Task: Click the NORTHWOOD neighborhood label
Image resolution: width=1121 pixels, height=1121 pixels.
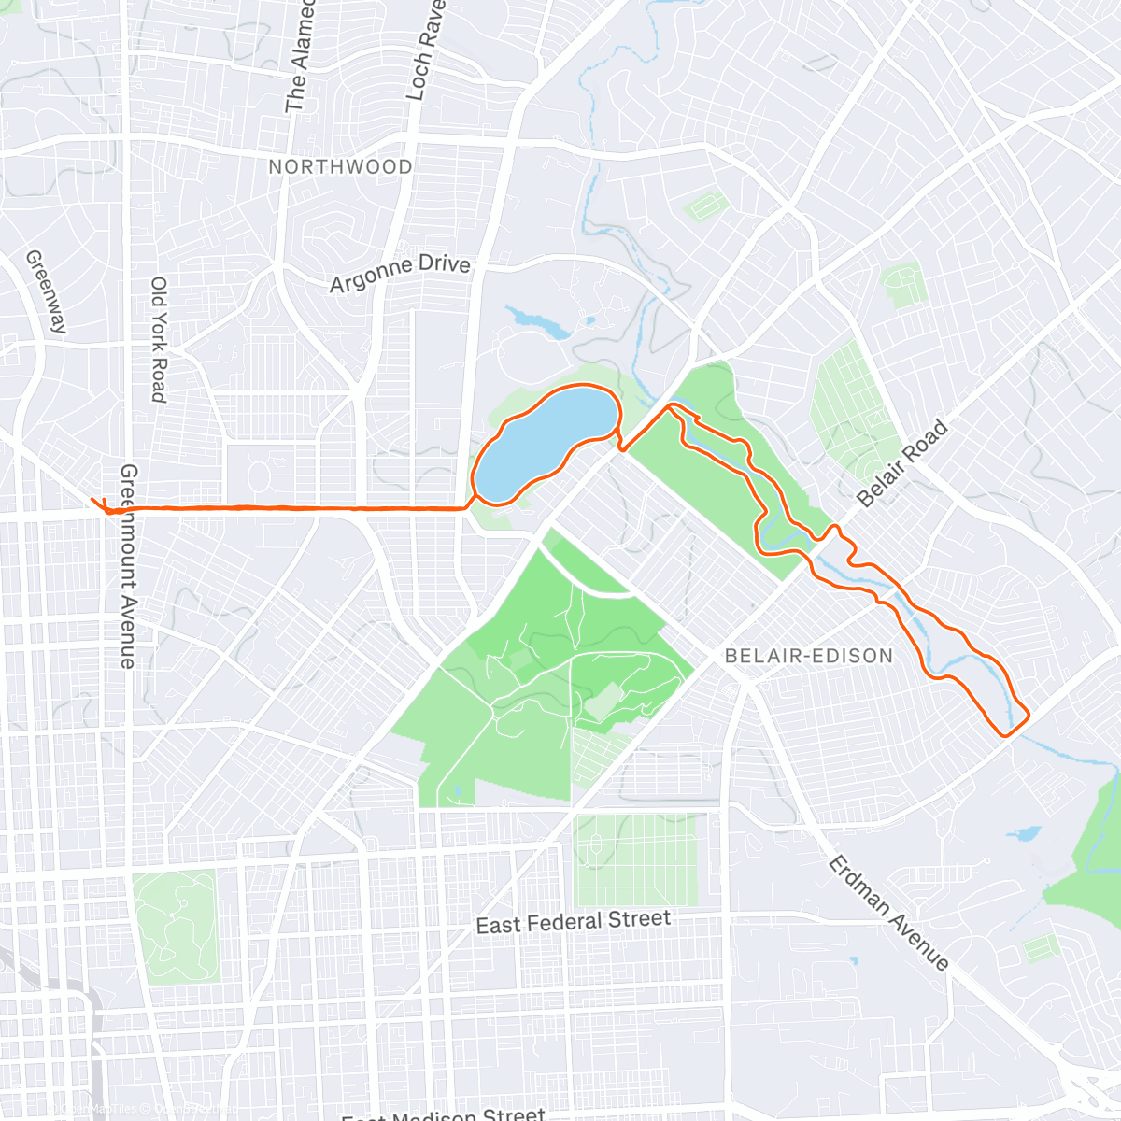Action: coord(340,167)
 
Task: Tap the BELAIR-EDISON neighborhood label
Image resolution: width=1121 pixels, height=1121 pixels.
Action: coord(809,656)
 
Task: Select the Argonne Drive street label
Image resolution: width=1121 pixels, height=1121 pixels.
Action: coord(400,273)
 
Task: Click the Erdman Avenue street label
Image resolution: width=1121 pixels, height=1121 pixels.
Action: coord(888,913)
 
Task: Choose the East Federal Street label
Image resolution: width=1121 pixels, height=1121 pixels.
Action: coord(573,922)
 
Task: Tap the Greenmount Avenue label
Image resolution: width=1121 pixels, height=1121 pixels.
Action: coord(128,565)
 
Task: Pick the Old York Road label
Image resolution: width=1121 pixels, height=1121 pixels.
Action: coord(159,339)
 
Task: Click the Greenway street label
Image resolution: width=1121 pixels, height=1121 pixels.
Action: coord(47,291)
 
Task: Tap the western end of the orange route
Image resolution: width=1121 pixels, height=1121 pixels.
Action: coord(95,502)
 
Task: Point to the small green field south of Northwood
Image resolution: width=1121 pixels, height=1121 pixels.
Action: coord(707,205)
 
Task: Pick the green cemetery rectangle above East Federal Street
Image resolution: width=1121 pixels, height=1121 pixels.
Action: coord(635,859)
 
